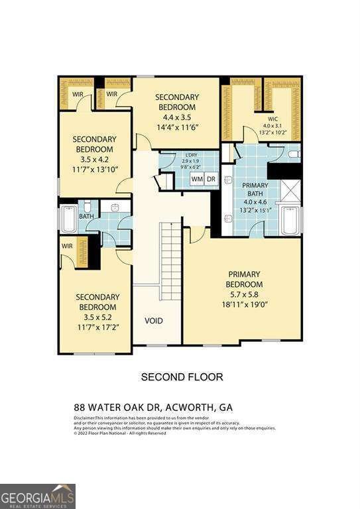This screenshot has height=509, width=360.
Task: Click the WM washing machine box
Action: (197, 179)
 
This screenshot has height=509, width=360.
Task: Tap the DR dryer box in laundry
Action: (211, 179)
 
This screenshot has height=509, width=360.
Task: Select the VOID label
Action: (154, 321)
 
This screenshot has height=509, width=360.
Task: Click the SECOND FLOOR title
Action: (182, 376)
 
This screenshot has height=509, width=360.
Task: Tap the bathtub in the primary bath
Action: (290, 220)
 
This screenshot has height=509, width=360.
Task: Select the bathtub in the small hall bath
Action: (68, 219)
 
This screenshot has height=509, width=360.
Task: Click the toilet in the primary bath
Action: (294, 154)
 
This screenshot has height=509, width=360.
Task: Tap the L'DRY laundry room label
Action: (189, 156)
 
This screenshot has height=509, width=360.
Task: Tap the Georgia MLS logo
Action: (38, 496)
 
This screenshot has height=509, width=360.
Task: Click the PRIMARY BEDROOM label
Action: (245, 279)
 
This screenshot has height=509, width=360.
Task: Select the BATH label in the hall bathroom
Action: (87, 215)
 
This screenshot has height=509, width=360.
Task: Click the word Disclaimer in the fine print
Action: (84, 418)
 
